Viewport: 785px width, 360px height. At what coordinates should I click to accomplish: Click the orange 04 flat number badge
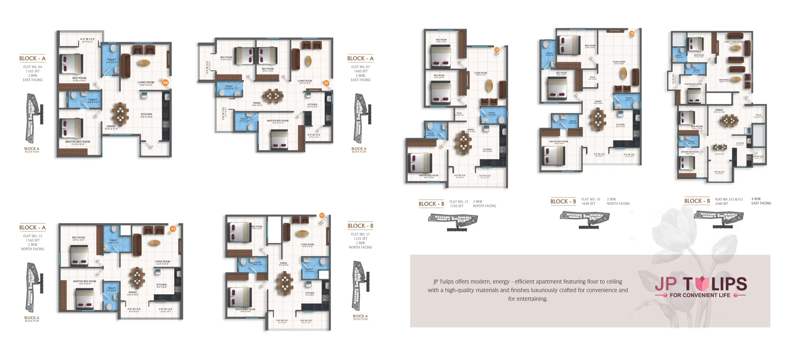click(x=165, y=82)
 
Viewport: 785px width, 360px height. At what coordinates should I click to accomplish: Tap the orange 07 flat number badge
click(x=326, y=83)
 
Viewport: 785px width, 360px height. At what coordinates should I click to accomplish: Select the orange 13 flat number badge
click(x=173, y=229)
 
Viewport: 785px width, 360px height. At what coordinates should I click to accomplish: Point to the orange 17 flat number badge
click(x=322, y=215)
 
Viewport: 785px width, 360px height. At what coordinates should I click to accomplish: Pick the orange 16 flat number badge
click(x=631, y=34)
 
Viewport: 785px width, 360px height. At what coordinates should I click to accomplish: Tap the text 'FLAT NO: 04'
click(x=33, y=67)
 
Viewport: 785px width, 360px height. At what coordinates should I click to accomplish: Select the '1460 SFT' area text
click(x=360, y=71)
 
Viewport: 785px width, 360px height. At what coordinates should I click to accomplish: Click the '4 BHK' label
click(x=756, y=199)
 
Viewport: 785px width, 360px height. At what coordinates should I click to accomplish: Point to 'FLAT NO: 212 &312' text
click(x=729, y=199)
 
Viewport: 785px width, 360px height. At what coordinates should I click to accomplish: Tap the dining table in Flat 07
click(x=273, y=96)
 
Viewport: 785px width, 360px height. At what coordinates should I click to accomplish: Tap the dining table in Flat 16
click(x=598, y=119)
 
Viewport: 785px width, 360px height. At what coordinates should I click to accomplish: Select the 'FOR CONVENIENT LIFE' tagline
click(x=700, y=295)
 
